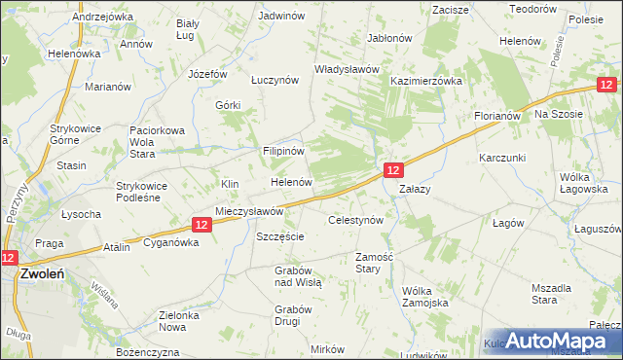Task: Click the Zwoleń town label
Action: (x=41, y=275)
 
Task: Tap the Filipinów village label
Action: (x=284, y=153)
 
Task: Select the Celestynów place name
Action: (x=361, y=221)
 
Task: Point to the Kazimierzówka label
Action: (x=425, y=83)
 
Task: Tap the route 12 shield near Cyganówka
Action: (x=200, y=225)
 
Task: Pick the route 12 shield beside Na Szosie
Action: (x=606, y=87)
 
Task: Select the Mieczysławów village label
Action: (x=248, y=211)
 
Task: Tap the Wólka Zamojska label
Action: (x=424, y=297)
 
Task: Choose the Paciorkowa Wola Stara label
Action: (x=157, y=141)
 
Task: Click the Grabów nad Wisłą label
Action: (x=298, y=275)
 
